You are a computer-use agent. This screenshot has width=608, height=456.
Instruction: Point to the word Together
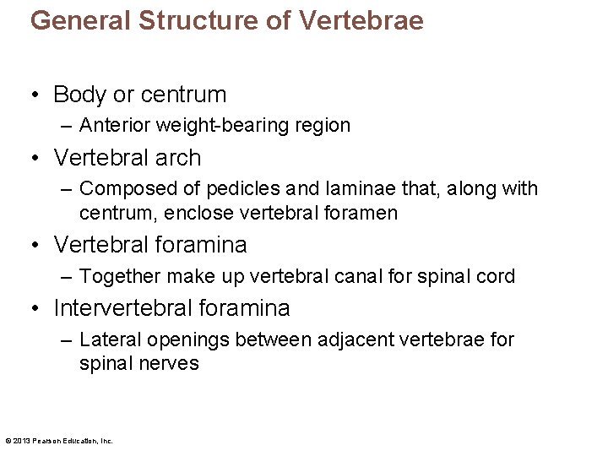119,277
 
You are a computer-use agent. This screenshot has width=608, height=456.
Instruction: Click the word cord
497,277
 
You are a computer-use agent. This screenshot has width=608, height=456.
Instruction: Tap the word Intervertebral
129,308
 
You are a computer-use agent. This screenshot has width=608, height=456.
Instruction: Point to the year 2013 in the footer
22,441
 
